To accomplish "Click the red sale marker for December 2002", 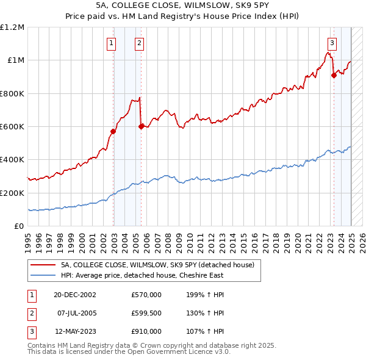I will click(113, 131).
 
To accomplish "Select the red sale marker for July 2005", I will click(141, 126).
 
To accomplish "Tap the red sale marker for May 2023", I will click(334, 75).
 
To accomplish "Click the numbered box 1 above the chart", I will click(112, 43).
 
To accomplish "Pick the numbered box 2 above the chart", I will click(140, 43).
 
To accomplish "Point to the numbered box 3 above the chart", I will click(332, 43).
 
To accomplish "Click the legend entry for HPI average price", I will click(142, 275).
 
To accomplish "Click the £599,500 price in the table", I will click(146, 313).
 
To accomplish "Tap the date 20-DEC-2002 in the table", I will click(75, 295).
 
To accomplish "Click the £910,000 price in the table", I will click(146, 331).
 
